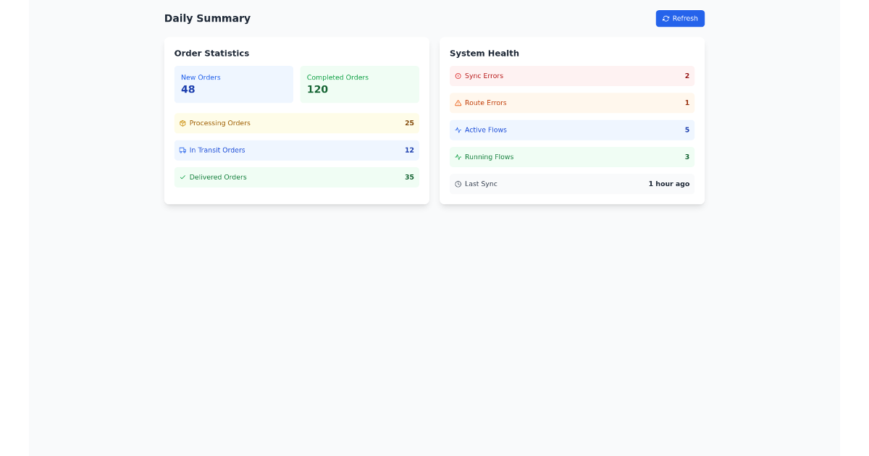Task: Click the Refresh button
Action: tap(680, 19)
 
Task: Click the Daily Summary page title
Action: tap(207, 19)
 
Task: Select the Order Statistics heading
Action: tap(211, 54)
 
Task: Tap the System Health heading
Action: tap(484, 54)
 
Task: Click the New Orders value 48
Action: tap(188, 90)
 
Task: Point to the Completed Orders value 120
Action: tap(317, 90)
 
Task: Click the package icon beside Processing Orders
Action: tap(182, 124)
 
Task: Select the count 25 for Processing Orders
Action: tap(409, 124)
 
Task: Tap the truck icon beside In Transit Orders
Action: tap(182, 151)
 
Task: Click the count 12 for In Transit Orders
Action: tap(409, 151)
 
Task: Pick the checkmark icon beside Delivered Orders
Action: tap(182, 177)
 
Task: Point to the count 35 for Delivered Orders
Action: tap(409, 177)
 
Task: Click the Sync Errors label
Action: tap(484, 76)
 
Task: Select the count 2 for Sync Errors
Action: tap(687, 76)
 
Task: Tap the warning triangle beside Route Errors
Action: tap(458, 104)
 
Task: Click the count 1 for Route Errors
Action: tap(687, 104)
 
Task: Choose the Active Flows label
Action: tap(485, 130)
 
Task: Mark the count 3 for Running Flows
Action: tap(687, 157)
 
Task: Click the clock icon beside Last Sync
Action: tap(458, 185)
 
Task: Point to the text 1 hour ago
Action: tap(668, 185)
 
